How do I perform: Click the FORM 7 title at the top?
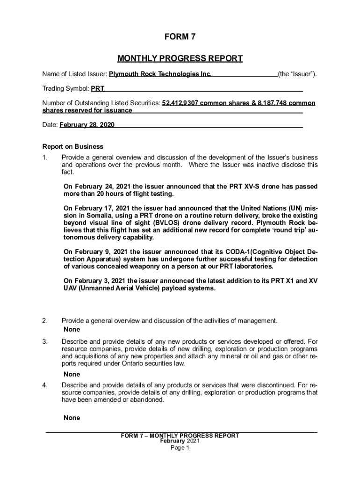coord(180,37)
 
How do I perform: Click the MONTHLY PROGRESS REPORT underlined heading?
coord(180,58)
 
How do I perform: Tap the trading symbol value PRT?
coord(97,88)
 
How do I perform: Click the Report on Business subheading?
coord(72,146)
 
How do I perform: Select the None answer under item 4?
coord(72,418)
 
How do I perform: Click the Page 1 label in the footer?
coord(180,448)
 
